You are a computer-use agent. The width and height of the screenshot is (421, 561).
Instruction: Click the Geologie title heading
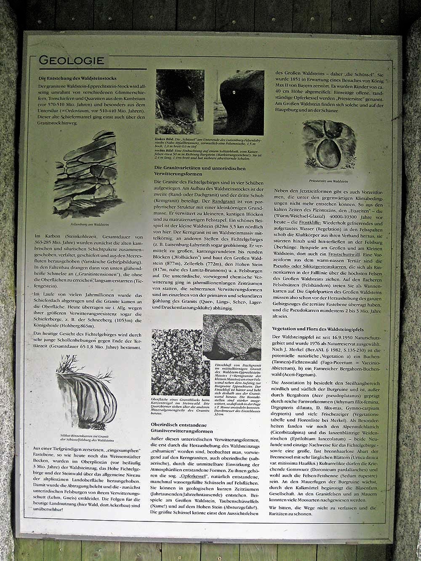click(72, 60)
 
